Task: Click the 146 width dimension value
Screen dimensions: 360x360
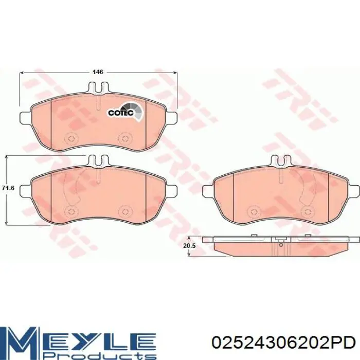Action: click(98, 72)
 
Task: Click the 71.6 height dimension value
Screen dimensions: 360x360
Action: click(8, 188)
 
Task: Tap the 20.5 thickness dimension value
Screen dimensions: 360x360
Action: click(189, 246)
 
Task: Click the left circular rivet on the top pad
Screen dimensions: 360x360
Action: click(70, 138)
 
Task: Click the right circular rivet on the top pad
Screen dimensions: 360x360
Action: click(124, 138)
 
